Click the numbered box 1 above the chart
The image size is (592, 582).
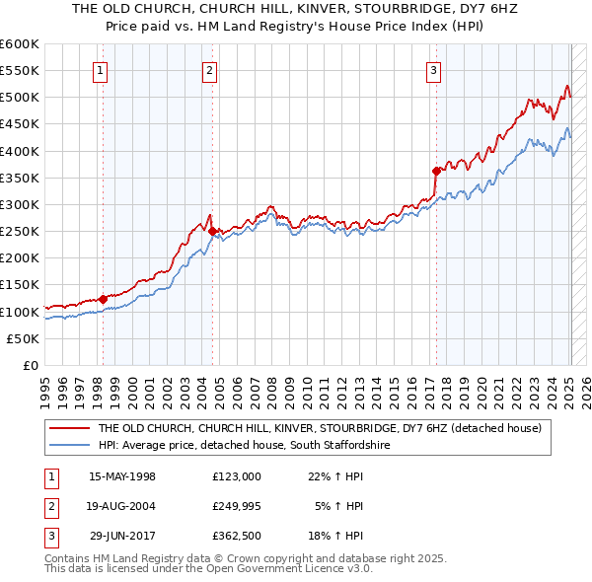(103, 70)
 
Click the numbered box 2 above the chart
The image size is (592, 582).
(211, 70)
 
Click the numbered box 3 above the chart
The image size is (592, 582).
(434, 70)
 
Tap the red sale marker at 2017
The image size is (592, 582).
(436, 170)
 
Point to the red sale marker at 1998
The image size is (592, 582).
(103, 299)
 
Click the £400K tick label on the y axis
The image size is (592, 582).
(20, 151)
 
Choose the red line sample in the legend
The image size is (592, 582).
(68, 429)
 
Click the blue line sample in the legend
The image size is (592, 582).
(68, 446)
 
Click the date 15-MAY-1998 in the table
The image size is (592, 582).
(122, 476)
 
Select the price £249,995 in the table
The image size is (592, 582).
(237, 506)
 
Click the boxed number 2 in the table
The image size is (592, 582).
(49, 506)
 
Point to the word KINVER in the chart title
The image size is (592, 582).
(258, 7)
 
